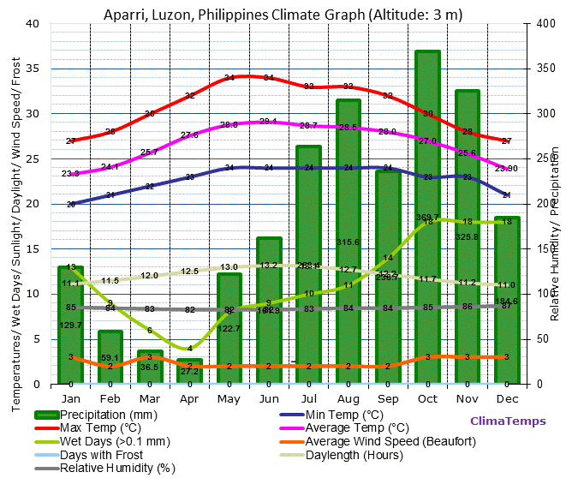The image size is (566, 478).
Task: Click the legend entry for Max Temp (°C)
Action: coord(94,427)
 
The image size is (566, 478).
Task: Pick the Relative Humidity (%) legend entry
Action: coord(116,468)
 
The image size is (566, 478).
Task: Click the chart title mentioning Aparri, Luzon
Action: coord(283,14)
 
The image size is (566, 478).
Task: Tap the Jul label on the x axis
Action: coord(308,398)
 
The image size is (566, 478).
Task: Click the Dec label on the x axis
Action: coord(506,398)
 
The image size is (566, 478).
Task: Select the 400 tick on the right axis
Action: coord(533,24)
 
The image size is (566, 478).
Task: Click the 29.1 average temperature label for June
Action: coord(268,122)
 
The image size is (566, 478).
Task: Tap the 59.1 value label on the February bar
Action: coord(110,358)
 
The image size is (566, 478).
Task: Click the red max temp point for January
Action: coord(71,140)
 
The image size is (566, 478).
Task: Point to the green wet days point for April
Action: coord(190,348)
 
